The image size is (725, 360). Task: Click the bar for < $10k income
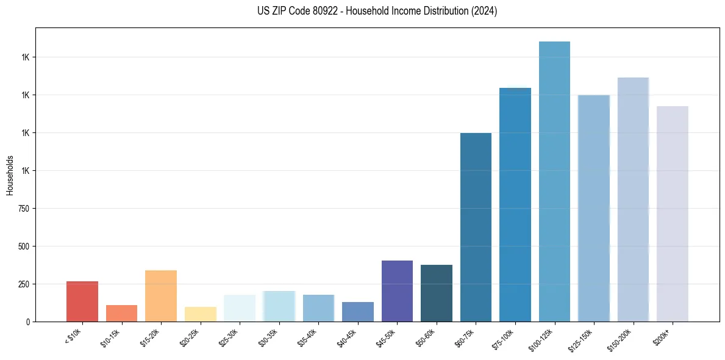coord(82,301)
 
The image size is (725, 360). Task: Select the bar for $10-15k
coord(121,313)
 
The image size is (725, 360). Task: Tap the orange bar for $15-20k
coord(161,296)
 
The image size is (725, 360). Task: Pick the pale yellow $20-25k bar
coord(201,314)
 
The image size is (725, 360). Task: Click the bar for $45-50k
coord(397,291)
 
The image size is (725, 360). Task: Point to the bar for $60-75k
coord(476,227)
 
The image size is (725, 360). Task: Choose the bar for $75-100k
coord(515,204)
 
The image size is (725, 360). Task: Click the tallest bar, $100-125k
coord(554,181)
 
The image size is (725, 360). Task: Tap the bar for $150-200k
coord(633,200)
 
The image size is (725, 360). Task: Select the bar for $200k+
coord(673,214)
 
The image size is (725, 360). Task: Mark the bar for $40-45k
coord(358,312)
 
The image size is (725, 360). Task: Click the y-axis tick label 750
coord(24,209)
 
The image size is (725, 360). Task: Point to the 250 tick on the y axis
coord(24,284)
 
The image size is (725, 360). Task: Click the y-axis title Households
coord(10,175)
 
